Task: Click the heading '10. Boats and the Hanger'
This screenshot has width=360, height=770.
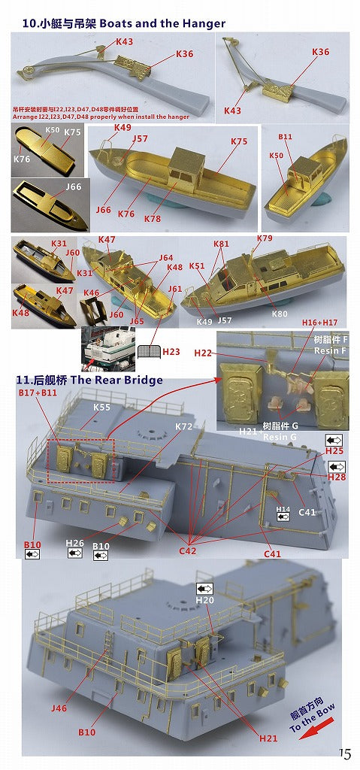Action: coord(124,24)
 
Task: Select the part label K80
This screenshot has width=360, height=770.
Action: coord(280,313)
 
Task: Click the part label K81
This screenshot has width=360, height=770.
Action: coord(221,244)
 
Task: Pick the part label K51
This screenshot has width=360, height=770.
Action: coord(197,265)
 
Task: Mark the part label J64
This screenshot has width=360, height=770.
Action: coord(165,258)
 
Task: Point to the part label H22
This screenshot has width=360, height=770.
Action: coord(203,353)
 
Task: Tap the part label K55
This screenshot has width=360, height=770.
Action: coord(101,407)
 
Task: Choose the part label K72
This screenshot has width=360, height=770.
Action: coord(184,426)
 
